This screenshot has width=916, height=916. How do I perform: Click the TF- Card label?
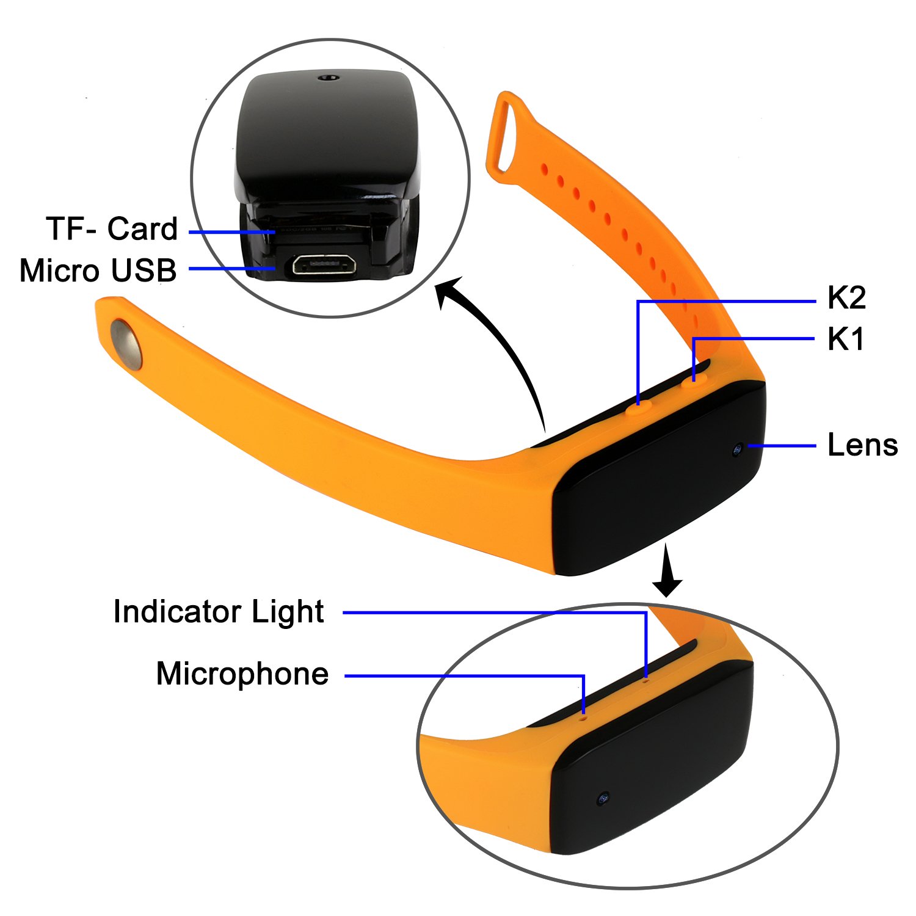pyautogui.click(x=112, y=229)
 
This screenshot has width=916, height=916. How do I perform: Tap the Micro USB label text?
pyautogui.click(x=98, y=271)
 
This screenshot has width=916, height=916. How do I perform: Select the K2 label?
pyautogui.click(x=846, y=298)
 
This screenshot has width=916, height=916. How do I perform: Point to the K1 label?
pyautogui.click(x=846, y=339)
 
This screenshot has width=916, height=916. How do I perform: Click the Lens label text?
pyautogui.click(x=862, y=445)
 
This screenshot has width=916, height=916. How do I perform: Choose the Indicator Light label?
pyautogui.click(x=219, y=612)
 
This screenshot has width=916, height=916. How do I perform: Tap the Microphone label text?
pyautogui.click(x=242, y=674)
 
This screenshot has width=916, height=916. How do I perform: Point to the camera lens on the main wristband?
pyautogui.click(x=738, y=449)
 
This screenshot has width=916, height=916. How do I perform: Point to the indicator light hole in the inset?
pyautogui.click(x=646, y=679)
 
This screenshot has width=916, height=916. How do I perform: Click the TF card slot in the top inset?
pyautogui.click(x=318, y=228)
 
